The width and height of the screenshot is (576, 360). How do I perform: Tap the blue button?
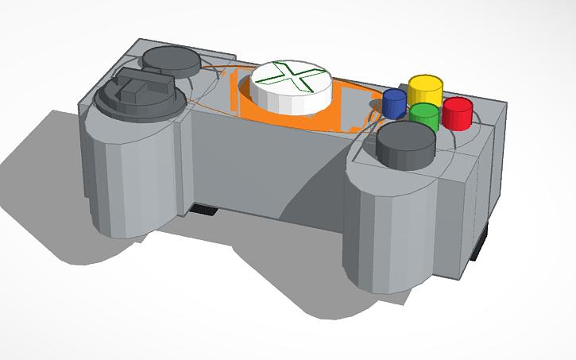[394, 103]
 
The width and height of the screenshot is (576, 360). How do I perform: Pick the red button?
[458, 112]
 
